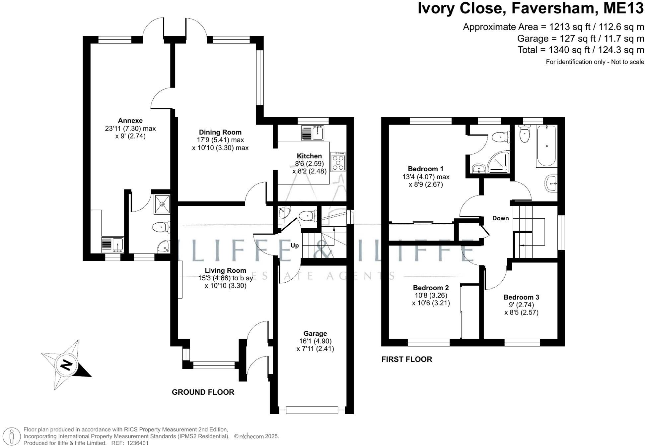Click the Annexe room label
click(130, 121)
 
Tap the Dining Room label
click(220, 132)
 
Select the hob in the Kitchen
click(338, 162)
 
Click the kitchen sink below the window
click(313, 133)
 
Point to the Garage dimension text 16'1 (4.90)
click(315, 341)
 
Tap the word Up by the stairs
click(295, 246)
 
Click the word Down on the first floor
click(500, 218)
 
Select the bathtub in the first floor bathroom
click(546, 146)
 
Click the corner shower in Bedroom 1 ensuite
click(498, 162)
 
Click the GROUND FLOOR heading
click(203, 392)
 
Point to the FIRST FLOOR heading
click(407, 359)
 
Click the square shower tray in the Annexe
click(162, 204)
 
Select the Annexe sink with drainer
click(112, 245)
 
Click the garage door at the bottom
click(312, 410)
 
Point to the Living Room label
click(225, 270)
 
